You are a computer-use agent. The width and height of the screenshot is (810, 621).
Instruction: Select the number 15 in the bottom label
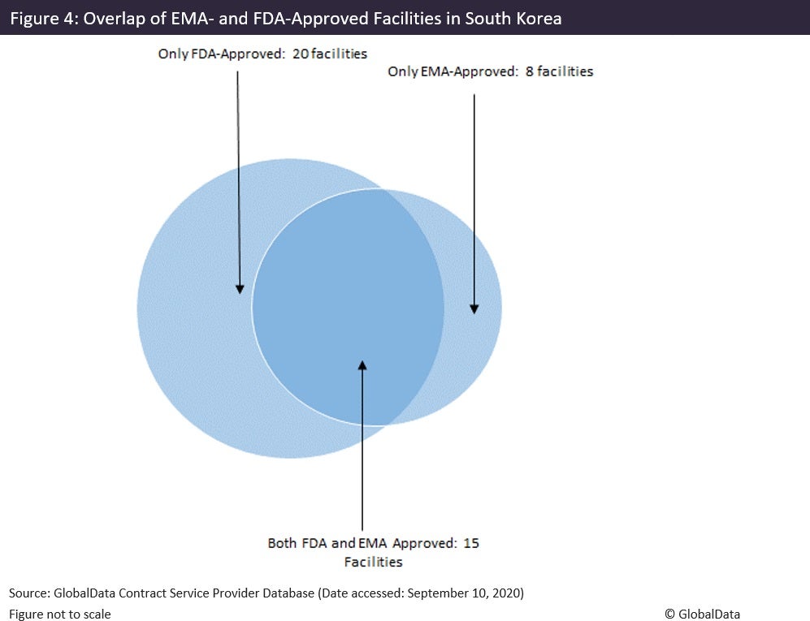tap(471, 543)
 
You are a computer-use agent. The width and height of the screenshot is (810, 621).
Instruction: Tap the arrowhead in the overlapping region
tap(362, 365)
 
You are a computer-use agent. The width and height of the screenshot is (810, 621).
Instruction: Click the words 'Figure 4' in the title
tap(41, 18)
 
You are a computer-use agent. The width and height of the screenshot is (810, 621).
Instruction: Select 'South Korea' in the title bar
tap(513, 18)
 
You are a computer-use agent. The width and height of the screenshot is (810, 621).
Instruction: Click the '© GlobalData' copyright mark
tap(702, 614)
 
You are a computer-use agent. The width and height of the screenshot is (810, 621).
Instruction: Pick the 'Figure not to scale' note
tap(60, 614)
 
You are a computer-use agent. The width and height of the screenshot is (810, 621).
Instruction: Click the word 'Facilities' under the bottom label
tap(373, 561)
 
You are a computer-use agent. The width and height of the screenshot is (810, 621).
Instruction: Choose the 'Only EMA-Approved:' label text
tap(453, 71)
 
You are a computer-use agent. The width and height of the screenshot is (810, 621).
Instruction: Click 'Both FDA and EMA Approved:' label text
tap(362, 543)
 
